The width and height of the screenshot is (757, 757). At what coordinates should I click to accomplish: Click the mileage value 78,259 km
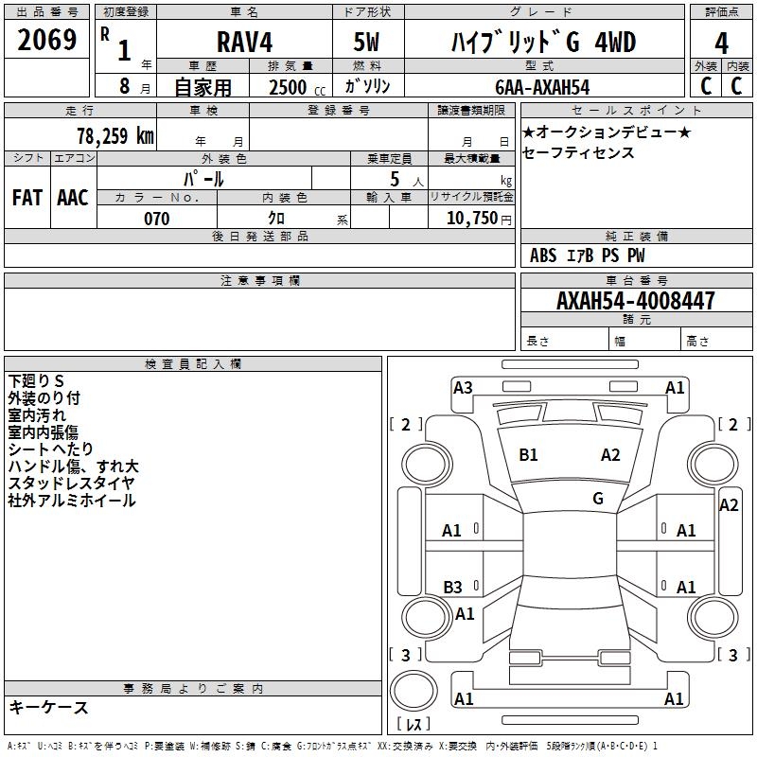pos(114,135)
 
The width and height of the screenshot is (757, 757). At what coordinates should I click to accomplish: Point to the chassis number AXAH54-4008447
pos(636,301)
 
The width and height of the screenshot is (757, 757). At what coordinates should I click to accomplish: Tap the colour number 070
pos(156,219)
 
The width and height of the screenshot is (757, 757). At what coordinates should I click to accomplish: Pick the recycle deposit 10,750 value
pos(468,219)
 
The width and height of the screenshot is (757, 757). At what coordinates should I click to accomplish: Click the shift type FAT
pos(27,198)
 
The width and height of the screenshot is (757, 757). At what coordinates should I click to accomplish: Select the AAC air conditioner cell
pos(73,198)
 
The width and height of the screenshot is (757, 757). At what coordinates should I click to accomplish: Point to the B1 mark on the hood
pos(528,455)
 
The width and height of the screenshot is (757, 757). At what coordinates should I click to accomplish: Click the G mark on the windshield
pos(598,499)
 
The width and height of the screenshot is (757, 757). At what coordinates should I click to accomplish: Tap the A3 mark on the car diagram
pos(463,387)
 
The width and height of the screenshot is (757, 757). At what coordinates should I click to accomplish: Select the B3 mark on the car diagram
pos(453,588)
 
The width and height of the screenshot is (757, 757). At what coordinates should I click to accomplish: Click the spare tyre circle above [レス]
pos(414,691)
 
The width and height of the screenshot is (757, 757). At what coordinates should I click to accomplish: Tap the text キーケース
pos(48,707)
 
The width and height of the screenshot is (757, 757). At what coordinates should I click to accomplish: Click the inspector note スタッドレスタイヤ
pos(71,484)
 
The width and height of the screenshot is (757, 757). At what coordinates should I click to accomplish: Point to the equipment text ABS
pos(543,255)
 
